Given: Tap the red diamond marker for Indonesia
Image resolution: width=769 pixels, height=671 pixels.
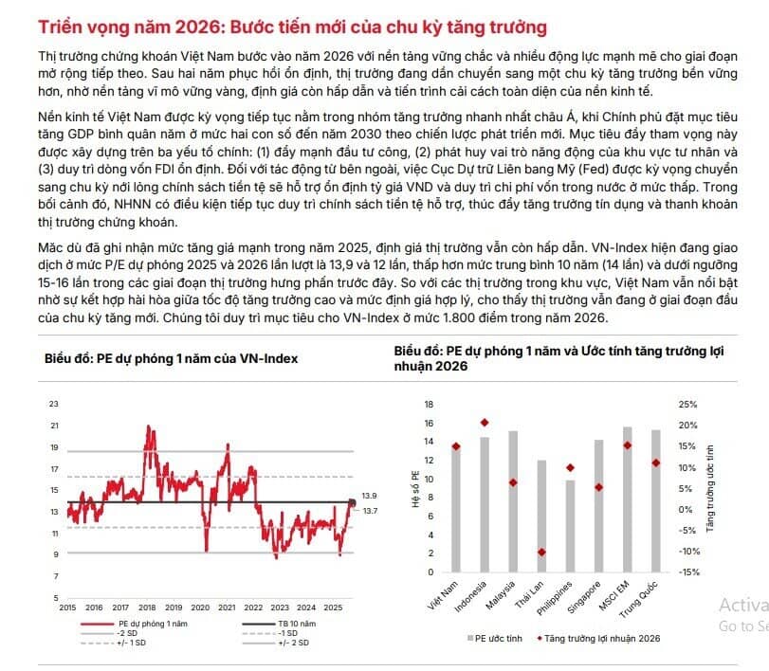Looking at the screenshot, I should pyautogui.click(x=485, y=423).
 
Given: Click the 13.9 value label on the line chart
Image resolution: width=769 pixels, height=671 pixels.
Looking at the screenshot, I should pyautogui.click(x=370, y=496).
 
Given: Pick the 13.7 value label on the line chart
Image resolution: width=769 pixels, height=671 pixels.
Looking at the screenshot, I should pyautogui.click(x=370, y=511).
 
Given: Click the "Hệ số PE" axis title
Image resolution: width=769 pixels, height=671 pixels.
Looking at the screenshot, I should pyautogui.click(x=414, y=486).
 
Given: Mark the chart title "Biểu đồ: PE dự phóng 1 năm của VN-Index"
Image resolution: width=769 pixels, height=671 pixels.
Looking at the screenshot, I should pyautogui.click(x=171, y=358).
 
